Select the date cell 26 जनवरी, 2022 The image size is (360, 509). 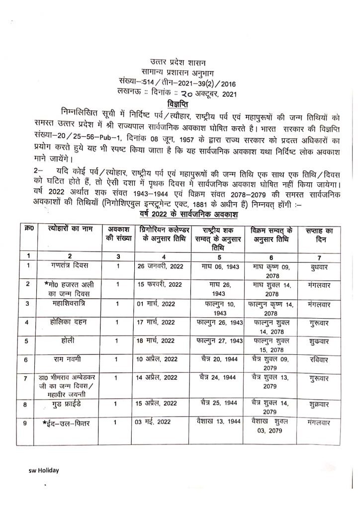161,266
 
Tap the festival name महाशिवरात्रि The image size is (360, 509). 69,303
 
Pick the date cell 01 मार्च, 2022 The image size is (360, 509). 157,304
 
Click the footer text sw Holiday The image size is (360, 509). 43,470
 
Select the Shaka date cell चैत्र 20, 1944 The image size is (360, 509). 218,359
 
